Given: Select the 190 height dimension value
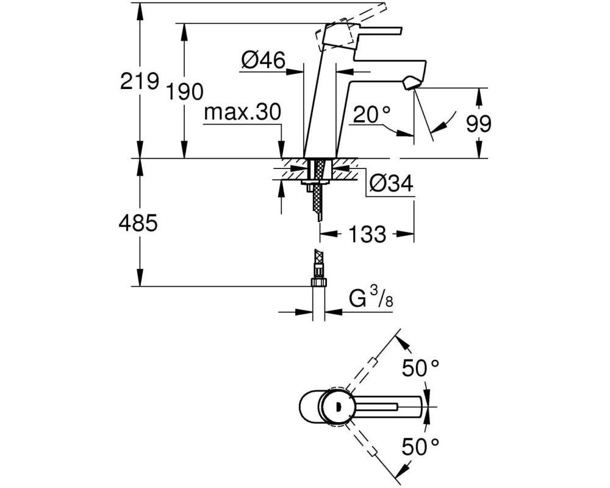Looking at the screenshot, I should pos(186,92).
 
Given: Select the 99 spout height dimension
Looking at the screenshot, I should pos(479,124).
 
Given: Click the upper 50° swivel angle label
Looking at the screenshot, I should pos(420,368).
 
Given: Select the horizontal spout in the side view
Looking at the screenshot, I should pos(384,66).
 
